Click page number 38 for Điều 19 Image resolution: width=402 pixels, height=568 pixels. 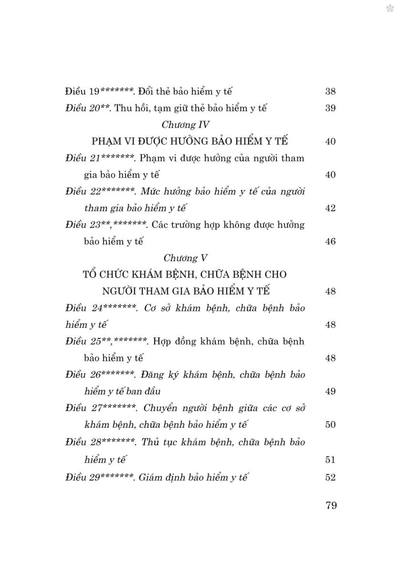[x=330, y=91]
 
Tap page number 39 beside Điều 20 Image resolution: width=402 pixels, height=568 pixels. [x=330, y=108]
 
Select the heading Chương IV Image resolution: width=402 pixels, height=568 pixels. [x=186, y=125]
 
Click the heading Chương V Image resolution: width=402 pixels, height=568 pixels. [x=186, y=258]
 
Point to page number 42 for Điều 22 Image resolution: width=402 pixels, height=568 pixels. [x=330, y=208]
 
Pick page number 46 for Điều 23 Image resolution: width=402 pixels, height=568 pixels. [x=330, y=242]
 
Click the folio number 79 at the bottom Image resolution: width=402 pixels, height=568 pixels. [x=331, y=505]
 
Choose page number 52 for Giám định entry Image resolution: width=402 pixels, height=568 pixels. [x=330, y=478]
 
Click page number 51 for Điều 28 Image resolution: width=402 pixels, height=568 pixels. [x=330, y=459]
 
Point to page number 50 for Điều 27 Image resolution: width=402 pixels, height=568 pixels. [x=330, y=424]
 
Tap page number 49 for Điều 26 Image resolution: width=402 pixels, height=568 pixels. [x=330, y=391]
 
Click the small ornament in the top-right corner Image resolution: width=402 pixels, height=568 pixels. [x=390, y=8]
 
